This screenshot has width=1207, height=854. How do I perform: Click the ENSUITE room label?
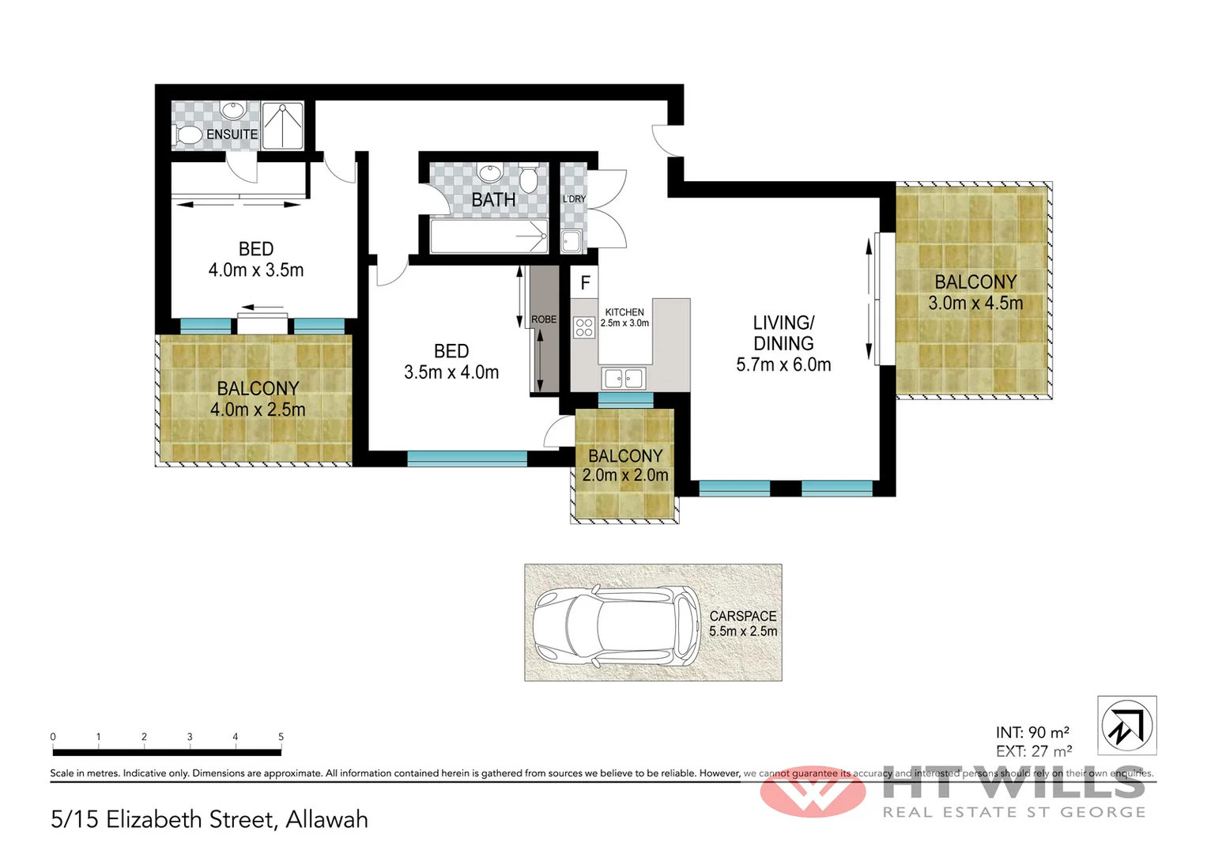[x=232, y=134]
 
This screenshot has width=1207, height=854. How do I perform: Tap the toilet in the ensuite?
[x=187, y=134]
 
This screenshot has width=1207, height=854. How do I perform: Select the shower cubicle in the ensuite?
[x=282, y=125]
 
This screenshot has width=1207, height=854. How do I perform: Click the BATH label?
[x=493, y=200]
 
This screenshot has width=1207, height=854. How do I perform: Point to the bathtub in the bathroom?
[x=488, y=236]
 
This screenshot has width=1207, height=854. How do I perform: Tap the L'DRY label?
[x=574, y=198]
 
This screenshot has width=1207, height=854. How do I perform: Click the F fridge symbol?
[x=585, y=282]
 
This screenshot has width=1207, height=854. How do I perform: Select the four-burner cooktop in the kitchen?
[x=584, y=327]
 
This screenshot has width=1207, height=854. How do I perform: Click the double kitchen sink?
[x=624, y=379]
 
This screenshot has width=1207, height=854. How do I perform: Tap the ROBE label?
[x=544, y=319]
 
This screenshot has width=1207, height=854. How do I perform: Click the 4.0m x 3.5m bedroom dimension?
[x=256, y=270]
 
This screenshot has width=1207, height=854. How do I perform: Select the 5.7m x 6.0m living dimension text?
[x=783, y=365]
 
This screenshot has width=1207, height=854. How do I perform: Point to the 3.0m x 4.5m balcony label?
[x=975, y=304]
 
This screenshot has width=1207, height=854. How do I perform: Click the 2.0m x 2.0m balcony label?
[x=625, y=475]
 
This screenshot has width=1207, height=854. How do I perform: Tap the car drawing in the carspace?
[x=616, y=625]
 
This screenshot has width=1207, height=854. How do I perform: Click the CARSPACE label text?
[x=743, y=615]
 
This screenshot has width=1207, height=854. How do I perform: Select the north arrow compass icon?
[x=1127, y=725]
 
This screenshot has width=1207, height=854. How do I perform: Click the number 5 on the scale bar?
[x=281, y=736]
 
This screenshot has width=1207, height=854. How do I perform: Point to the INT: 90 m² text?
[x=1032, y=732]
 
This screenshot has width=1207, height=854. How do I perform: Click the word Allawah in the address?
[x=326, y=819]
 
